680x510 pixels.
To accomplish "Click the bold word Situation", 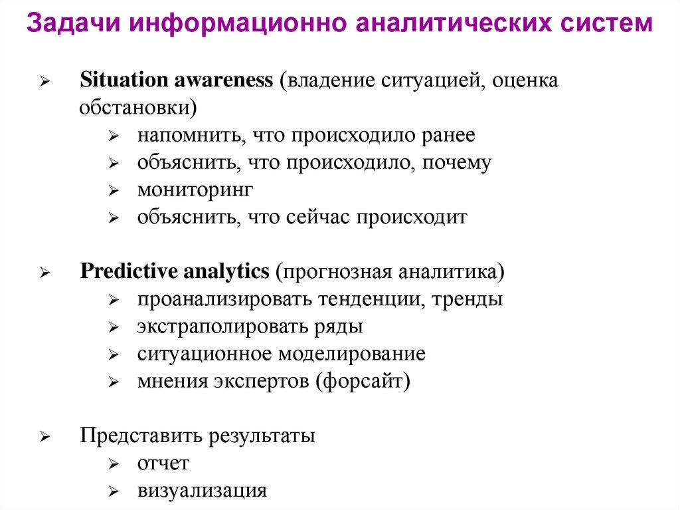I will click(x=124, y=80).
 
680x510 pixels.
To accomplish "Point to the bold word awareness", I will click(x=224, y=80).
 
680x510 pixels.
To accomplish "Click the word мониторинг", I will click(x=195, y=190).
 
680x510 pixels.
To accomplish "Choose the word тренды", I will click(x=467, y=299).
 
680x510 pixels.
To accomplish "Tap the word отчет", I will click(x=163, y=463).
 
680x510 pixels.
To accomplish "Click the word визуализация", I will click(x=203, y=491).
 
